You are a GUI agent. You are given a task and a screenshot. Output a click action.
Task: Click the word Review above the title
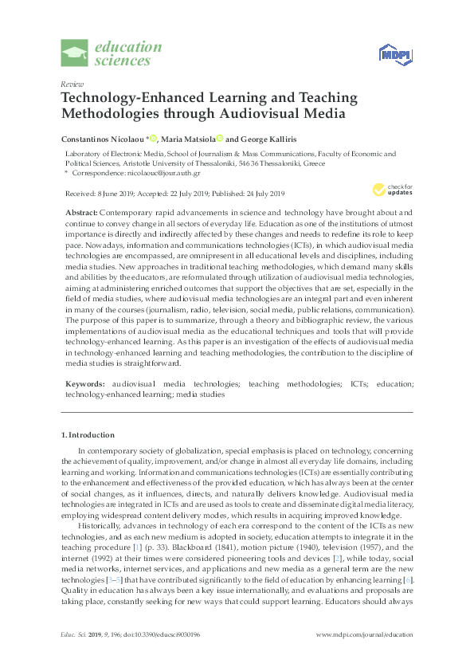[70, 84]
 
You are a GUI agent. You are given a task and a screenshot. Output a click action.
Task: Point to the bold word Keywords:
[84, 383]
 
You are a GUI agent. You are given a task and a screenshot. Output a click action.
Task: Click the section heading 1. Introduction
[88, 435]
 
